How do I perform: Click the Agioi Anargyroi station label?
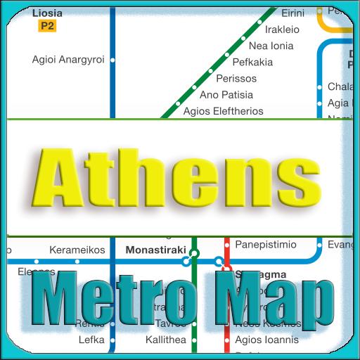pyautogui.click(x=68, y=60)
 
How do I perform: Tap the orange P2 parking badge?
pyautogui.click(x=48, y=26)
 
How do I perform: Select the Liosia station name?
pyautogui.click(x=47, y=13)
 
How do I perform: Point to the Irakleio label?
pyautogui.click(x=282, y=30)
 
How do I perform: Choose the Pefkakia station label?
pyautogui.click(x=252, y=62)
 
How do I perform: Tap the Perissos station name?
pyautogui.click(x=236, y=78)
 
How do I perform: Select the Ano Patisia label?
pyautogui.click(x=226, y=94)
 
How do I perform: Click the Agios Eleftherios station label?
pyautogui.click(x=223, y=110)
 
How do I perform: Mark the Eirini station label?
pyautogui.click(x=292, y=13)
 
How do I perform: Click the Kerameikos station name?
pyautogui.click(x=77, y=250)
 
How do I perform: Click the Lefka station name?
pyautogui.click(x=92, y=340)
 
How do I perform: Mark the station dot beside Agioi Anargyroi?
pyautogui.click(x=113, y=60)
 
